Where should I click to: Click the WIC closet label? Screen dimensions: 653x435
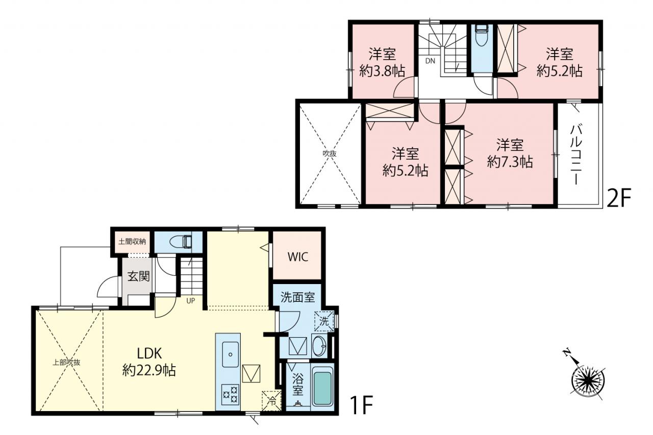click(297, 257)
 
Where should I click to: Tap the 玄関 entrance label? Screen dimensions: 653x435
click(139, 276)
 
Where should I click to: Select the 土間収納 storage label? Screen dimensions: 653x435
click(132, 242)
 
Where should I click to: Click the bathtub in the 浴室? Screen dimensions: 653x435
click(323, 387)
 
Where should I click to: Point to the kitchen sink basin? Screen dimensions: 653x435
click(230, 354)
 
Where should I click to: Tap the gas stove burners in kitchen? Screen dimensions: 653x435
click(230, 395)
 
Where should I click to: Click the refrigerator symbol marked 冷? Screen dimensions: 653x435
click(271, 401)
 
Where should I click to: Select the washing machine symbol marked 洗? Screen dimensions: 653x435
click(324, 321)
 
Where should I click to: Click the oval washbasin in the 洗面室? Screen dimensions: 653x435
click(319, 346)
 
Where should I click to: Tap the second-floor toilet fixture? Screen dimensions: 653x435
click(482, 35)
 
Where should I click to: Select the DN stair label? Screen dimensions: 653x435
click(430, 61)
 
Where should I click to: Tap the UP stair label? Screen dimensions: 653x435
click(191, 301)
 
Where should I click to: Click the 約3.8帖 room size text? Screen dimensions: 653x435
click(382, 71)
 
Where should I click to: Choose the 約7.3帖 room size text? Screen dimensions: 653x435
click(510, 162)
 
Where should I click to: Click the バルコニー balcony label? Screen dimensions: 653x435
click(576, 155)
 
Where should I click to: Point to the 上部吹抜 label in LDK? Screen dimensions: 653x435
click(66, 363)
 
